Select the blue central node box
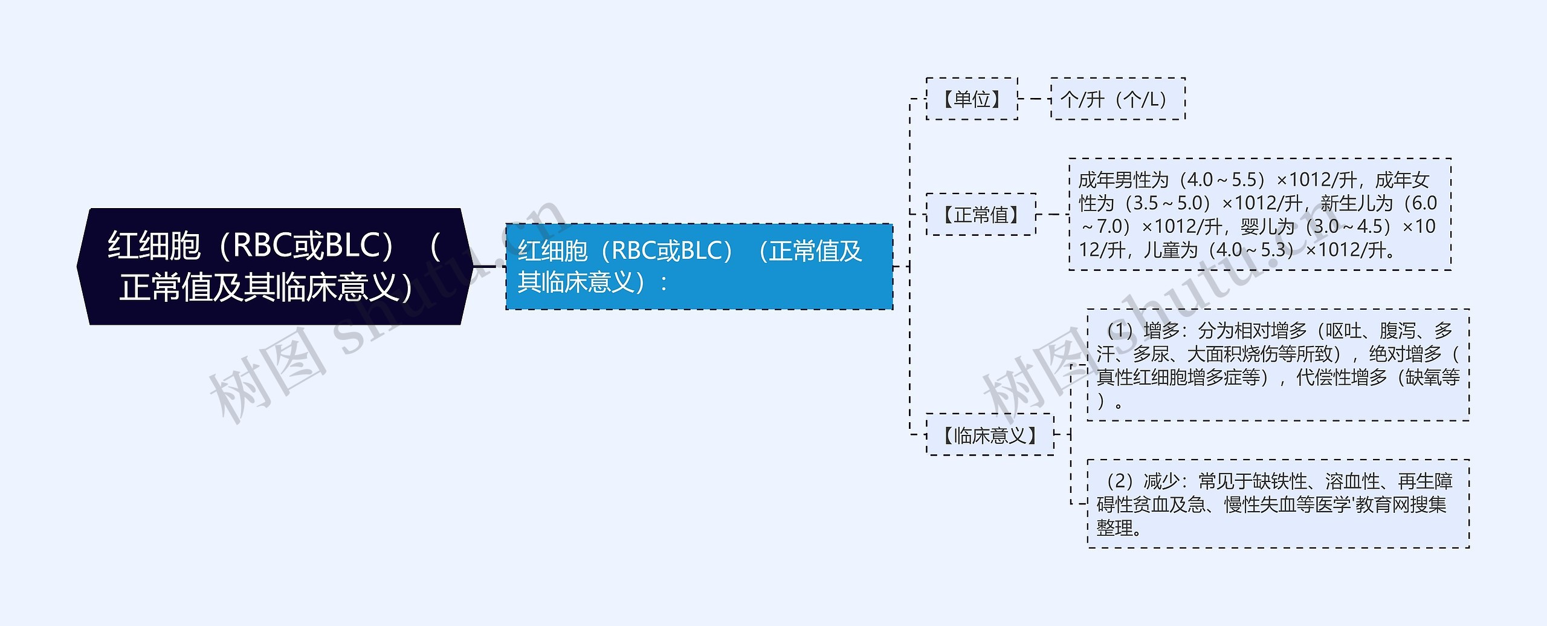point(699,266)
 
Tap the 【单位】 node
point(972,99)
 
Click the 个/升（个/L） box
point(1118,99)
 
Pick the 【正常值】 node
point(981,214)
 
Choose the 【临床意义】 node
point(990,435)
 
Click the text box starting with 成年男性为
point(1260,214)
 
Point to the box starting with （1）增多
point(1278,365)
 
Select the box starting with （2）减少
point(1278,504)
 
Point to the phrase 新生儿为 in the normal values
point(1356,203)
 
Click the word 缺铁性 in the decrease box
point(1280,481)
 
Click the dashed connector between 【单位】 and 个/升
point(1035,99)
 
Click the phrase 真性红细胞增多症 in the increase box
point(1178,377)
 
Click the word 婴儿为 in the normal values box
point(1267,227)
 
